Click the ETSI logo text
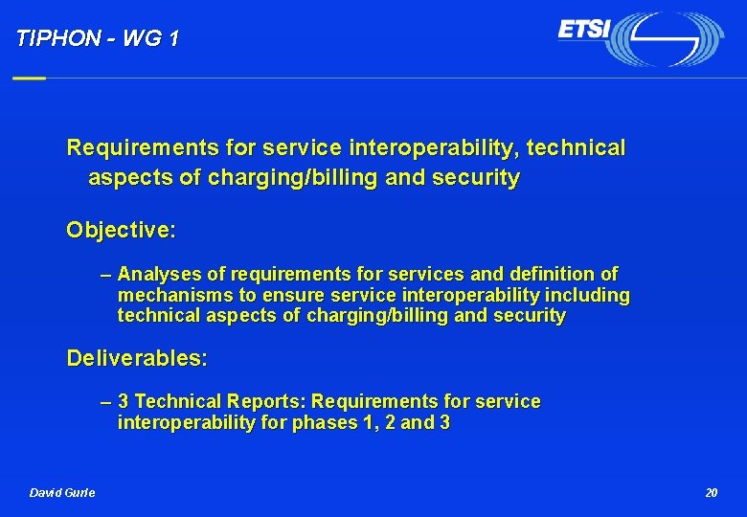click(x=584, y=30)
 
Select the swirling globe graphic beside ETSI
click(x=668, y=39)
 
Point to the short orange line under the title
click(x=29, y=78)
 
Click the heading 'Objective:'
click(x=121, y=230)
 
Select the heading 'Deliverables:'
click(x=137, y=359)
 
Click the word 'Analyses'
click(x=158, y=275)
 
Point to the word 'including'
click(x=586, y=295)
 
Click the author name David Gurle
click(x=62, y=492)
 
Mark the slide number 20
click(x=711, y=492)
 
